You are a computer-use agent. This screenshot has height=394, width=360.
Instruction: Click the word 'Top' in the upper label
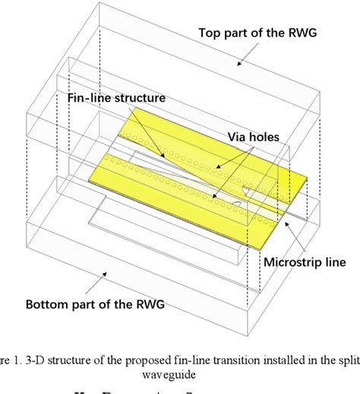[x=210, y=33]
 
